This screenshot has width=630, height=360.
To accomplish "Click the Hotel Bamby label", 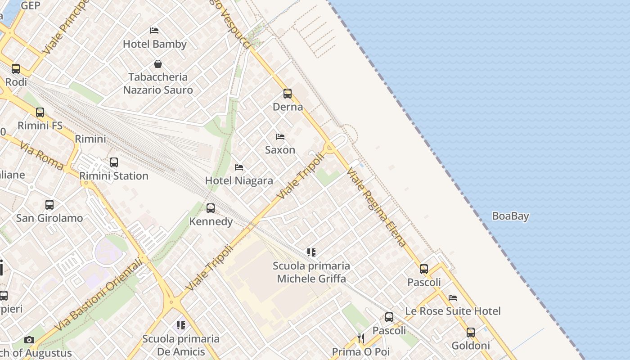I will pyautogui.click(x=154, y=44).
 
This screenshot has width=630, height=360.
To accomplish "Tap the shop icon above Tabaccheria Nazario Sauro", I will pyautogui.click(x=158, y=64).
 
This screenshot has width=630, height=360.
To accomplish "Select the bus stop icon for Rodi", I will pyautogui.click(x=16, y=69).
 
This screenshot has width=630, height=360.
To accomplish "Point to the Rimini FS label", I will pyautogui.click(x=40, y=126).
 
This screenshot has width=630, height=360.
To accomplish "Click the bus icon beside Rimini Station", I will pyautogui.click(x=114, y=162).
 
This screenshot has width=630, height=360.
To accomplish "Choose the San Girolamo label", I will pyautogui.click(x=49, y=218).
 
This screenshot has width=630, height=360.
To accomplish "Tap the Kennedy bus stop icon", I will pyautogui.click(x=211, y=208).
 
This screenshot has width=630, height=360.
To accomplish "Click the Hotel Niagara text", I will pyautogui.click(x=239, y=181).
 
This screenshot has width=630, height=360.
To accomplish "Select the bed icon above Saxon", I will pyautogui.click(x=280, y=136).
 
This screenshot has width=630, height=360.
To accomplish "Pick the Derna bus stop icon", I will pyautogui.click(x=288, y=94).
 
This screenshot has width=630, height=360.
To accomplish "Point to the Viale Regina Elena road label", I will pyautogui.click(x=376, y=207).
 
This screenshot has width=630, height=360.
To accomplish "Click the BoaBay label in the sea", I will pyautogui.click(x=510, y=216).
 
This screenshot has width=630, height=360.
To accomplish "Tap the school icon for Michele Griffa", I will pyautogui.click(x=311, y=252).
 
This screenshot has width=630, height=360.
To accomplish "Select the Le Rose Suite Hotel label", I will pyautogui.click(x=453, y=311).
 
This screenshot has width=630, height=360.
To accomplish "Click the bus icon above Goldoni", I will pyautogui.click(x=471, y=333).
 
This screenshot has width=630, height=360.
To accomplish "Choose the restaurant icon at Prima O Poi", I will pyautogui.click(x=361, y=338).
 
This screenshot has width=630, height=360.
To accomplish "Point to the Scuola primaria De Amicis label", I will pyautogui.click(x=181, y=345).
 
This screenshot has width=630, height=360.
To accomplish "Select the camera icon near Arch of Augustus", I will pyautogui.click(x=29, y=340).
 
